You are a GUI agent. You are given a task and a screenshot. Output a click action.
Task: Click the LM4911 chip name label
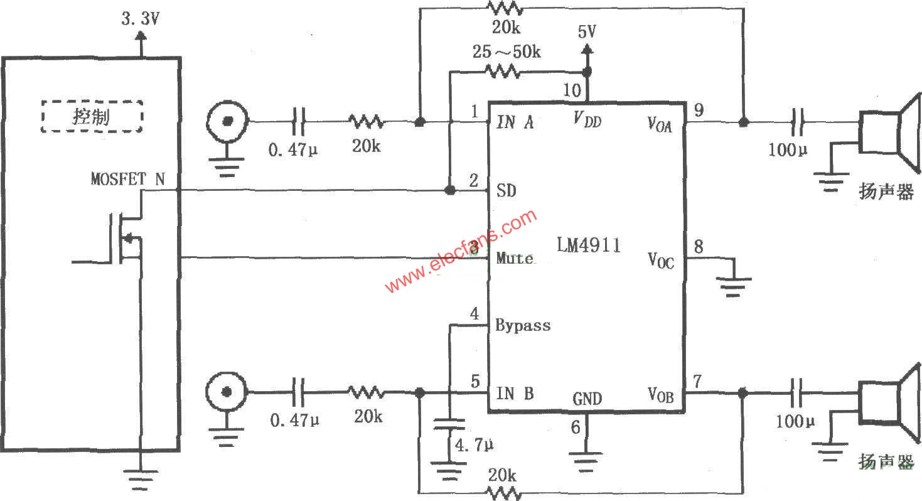588,245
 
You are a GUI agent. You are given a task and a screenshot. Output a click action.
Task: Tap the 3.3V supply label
140,18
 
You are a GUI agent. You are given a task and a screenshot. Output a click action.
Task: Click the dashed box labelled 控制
92,116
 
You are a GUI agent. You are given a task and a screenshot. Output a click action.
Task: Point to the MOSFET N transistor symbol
126,239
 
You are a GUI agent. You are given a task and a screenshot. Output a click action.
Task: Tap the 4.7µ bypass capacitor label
474,445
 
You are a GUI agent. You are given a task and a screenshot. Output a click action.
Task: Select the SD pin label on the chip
506,190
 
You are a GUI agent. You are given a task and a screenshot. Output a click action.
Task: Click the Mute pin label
515,258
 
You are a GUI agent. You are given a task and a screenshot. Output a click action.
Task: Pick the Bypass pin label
523,325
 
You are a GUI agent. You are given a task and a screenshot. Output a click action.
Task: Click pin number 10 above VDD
571,90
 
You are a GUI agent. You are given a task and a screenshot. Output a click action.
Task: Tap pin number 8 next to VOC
698,247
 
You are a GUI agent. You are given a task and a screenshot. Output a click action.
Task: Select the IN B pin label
515,394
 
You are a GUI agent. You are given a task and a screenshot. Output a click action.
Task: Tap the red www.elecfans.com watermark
461,252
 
